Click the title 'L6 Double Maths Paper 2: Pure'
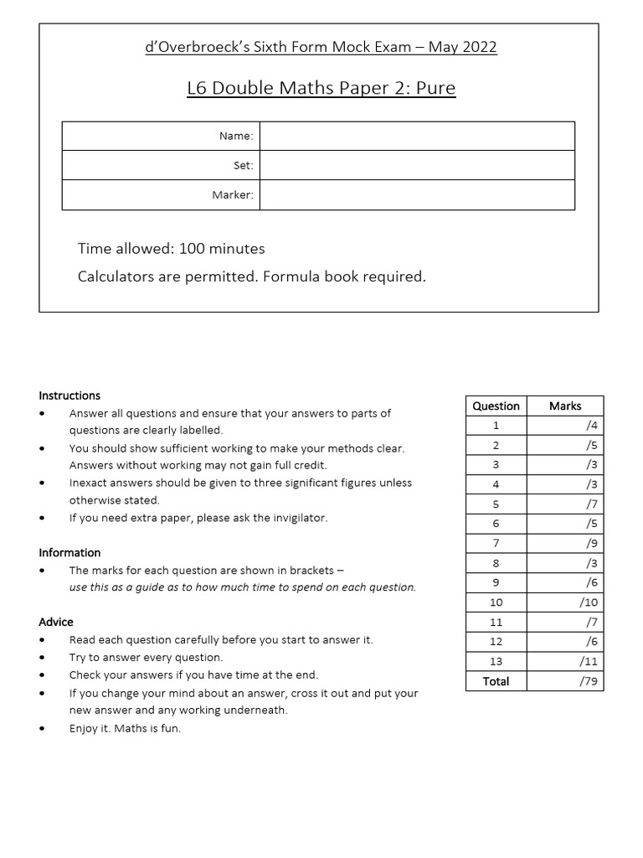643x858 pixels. coord(321,88)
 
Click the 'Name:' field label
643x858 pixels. coord(236,136)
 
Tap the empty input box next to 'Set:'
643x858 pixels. coord(417,165)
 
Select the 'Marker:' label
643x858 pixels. coord(233,195)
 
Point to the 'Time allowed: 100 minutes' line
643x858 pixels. coord(171,248)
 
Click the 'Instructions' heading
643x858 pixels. coord(69,395)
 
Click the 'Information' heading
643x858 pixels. coord(69,552)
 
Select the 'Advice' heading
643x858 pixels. coord(56,622)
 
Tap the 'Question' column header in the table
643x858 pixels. coord(496,406)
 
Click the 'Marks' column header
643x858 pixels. coord(565,406)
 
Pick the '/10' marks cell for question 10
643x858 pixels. coord(587,602)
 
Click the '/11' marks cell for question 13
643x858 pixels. coord(587,661)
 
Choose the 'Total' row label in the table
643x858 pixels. coord(496,681)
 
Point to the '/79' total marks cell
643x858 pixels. coord(587,681)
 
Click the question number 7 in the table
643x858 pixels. coord(496,543)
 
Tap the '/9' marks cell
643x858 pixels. coord(591,543)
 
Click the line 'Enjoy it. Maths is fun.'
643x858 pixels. coord(125,728)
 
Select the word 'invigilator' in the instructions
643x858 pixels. coord(298,518)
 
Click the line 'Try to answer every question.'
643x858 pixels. coord(146,658)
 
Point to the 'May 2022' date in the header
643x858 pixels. coord(462,47)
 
